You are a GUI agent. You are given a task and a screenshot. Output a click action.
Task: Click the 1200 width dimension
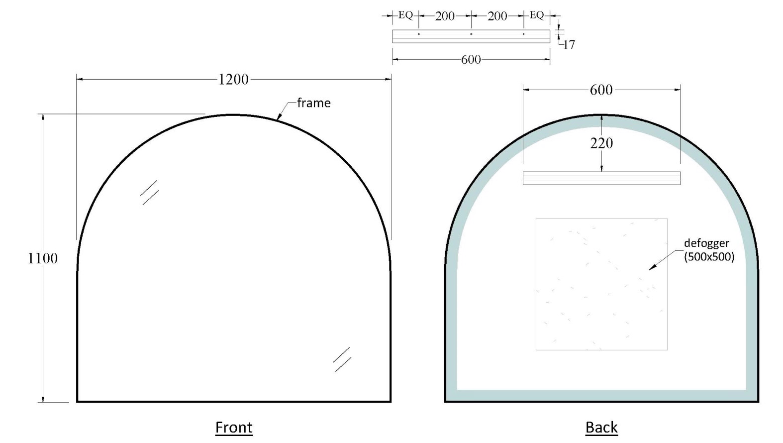[x=233, y=79]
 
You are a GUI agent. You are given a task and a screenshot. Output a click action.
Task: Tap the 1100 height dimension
[x=43, y=258]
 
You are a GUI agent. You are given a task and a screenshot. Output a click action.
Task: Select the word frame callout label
[x=313, y=103]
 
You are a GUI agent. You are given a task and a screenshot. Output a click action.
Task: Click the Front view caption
[x=234, y=427]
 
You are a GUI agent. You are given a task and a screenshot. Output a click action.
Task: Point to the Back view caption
[x=601, y=427]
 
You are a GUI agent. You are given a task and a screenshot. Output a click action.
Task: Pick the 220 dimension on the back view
[x=601, y=143]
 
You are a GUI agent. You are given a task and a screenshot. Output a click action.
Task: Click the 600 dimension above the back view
[x=601, y=90]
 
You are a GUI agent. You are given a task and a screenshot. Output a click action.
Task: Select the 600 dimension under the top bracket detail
[x=471, y=60]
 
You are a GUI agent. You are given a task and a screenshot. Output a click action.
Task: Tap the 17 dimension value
[x=569, y=45]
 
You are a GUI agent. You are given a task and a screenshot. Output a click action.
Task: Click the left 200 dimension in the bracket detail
[x=445, y=16]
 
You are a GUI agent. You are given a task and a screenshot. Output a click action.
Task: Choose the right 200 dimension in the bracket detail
[x=497, y=16]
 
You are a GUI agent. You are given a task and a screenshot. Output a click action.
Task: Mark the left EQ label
[x=405, y=15]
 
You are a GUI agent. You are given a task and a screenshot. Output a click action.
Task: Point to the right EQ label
[x=537, y=15]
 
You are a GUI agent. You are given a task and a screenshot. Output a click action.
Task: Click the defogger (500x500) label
[x=708, y=250]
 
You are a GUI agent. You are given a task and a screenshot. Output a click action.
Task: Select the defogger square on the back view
[x=601, y=284]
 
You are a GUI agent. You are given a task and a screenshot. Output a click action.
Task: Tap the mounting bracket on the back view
[x=601, y=178]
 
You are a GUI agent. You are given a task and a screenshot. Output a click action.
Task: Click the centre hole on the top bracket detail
[x=471, y=34]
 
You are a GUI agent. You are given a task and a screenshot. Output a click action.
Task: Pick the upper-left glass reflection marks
[x=149, y=193]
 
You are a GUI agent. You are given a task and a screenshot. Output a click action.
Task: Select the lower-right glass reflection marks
[x=342, y=359]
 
